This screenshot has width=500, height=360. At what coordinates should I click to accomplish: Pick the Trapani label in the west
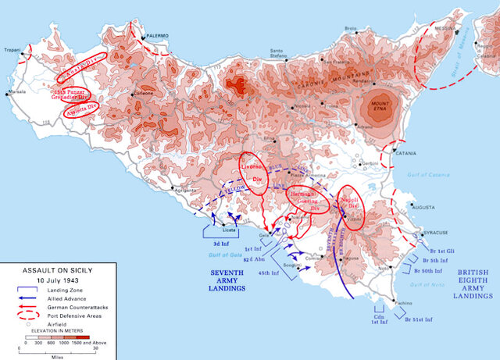[10, 50]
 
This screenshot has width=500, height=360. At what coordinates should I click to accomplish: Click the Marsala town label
[16, 92]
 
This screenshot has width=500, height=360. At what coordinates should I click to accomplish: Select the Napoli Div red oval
[350, 205]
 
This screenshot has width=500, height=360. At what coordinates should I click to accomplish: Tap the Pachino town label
[384, 302]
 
